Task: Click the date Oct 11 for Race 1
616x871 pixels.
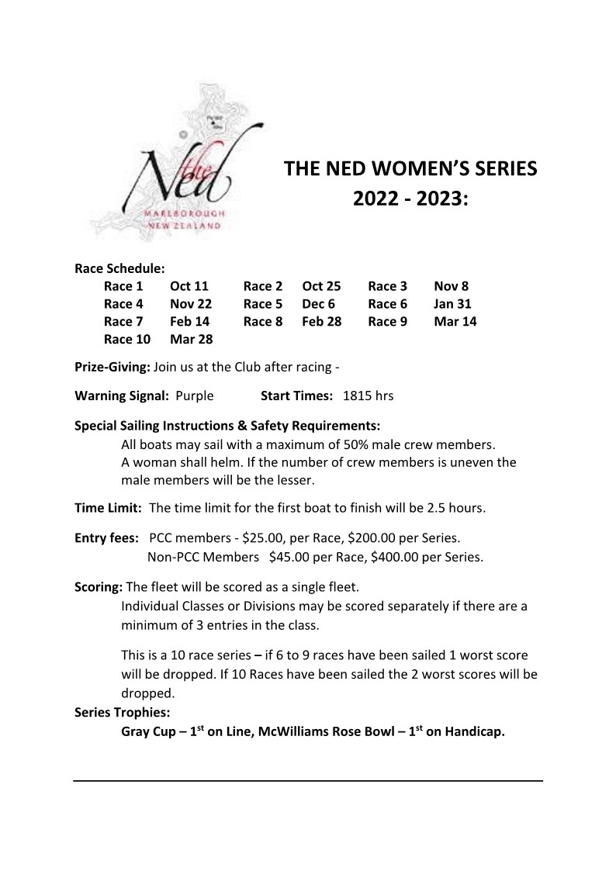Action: click(x=189, y=287)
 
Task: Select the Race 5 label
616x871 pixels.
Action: click(x=263, y=304)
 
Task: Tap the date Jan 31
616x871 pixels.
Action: click(x=452, y=304)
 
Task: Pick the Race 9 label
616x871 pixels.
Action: click(x=387, y=321)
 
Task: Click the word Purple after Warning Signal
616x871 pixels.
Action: click(x=195, y=396)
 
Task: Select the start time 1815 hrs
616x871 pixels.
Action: click(x=368, y=396)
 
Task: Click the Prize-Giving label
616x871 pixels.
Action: click(x=112, y=367)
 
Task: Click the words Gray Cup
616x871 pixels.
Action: click(x=148, y=731)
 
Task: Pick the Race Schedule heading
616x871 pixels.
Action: click(x=119, y=269)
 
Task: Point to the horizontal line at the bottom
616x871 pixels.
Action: click(x=308, y=780)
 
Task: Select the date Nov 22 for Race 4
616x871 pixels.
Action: click(x=191, y=304)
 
